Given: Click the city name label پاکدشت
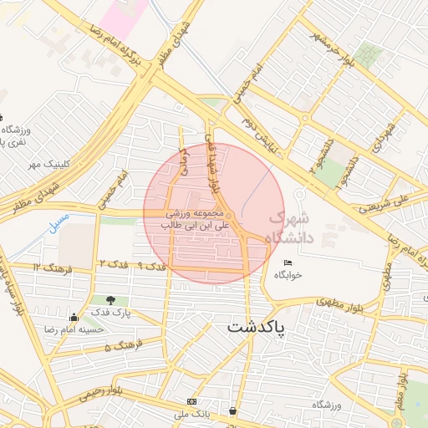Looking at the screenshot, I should (x=256, y=326).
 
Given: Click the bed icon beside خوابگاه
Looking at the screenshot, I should (x=288, y=262).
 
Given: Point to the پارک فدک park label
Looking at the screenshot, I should (x=109, y=314).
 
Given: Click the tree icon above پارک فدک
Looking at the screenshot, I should (x=110, y=300).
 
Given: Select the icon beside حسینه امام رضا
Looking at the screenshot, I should (x=74, y=317).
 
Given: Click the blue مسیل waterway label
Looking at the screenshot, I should (x=59, y=222).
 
